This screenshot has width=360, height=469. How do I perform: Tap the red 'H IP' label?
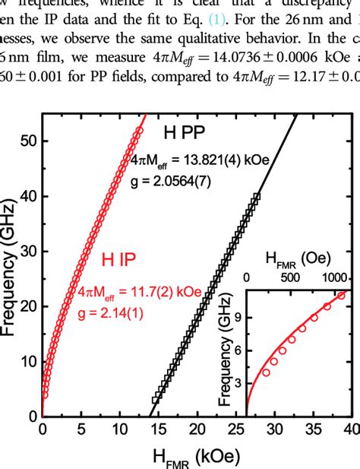[124, 261]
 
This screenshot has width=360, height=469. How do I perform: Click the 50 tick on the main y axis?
[28, 141]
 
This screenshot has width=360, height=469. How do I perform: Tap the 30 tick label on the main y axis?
[28, 251]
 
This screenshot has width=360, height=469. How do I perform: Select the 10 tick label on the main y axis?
[28, 361]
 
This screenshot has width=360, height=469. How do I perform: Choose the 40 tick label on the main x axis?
[352, 431]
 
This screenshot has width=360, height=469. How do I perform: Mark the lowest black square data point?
[156, 399]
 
